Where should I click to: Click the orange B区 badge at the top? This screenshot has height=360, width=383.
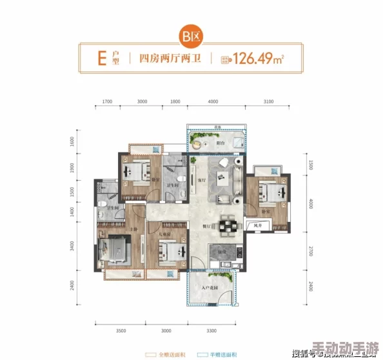pos(191,36)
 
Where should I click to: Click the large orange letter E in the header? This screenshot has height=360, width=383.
pos(101,59)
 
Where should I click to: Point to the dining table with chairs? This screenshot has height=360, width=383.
pos(229,225)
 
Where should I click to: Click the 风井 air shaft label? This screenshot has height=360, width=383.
pos(257,226)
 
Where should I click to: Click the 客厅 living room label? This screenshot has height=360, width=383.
pos(201,179)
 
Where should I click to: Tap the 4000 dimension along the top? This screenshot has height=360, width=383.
pos(213,102)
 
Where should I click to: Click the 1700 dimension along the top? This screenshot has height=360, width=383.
pos(107,102)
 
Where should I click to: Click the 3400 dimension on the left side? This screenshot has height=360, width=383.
pos(73,245)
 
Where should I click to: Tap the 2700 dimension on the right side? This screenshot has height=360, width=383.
pos(310,251)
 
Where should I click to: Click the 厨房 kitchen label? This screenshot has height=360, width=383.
pos(221,251)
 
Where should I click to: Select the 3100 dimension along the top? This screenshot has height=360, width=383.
pos(268,102)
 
